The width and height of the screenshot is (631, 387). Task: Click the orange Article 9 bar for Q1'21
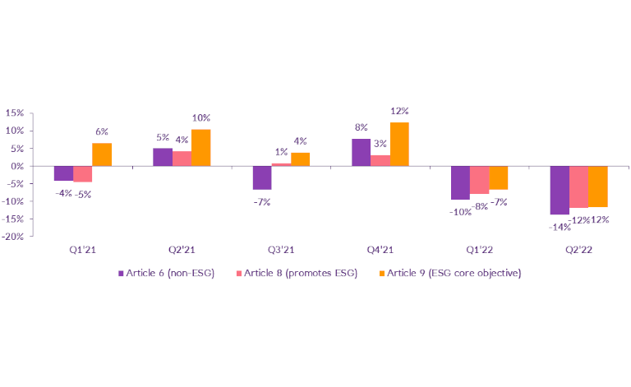102,154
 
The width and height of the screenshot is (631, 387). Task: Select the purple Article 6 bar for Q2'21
163,157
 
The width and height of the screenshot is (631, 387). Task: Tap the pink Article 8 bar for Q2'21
182,159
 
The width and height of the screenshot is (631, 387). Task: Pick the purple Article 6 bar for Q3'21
261,177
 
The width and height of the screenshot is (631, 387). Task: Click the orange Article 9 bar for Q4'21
399,144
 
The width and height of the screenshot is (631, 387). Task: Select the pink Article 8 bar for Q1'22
479,180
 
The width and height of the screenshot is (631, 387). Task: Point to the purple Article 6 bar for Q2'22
559,190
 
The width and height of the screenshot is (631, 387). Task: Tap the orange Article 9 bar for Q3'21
300,159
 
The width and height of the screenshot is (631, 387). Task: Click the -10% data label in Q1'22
460,210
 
